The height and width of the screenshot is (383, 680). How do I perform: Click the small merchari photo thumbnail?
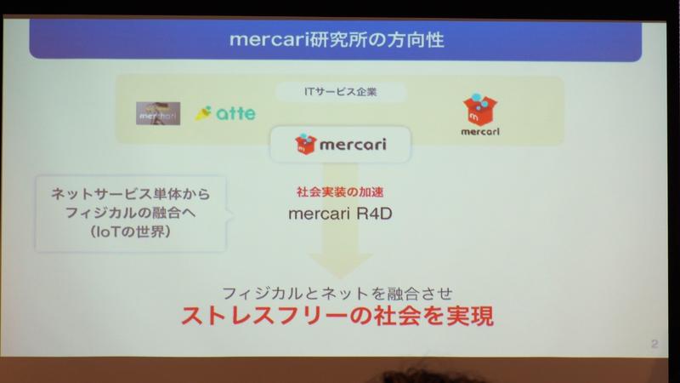[159, 113]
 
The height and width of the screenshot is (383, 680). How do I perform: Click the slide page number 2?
[653, 344]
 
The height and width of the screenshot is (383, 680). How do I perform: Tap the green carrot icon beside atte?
[203, 112]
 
